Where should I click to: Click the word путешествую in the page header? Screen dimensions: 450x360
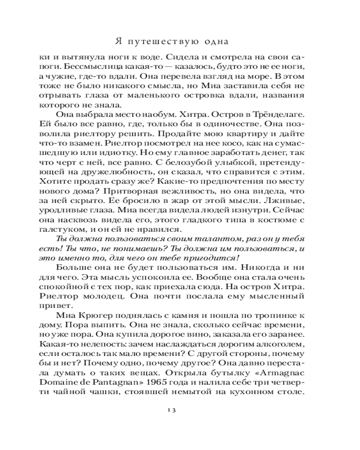(x=166, y=42)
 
